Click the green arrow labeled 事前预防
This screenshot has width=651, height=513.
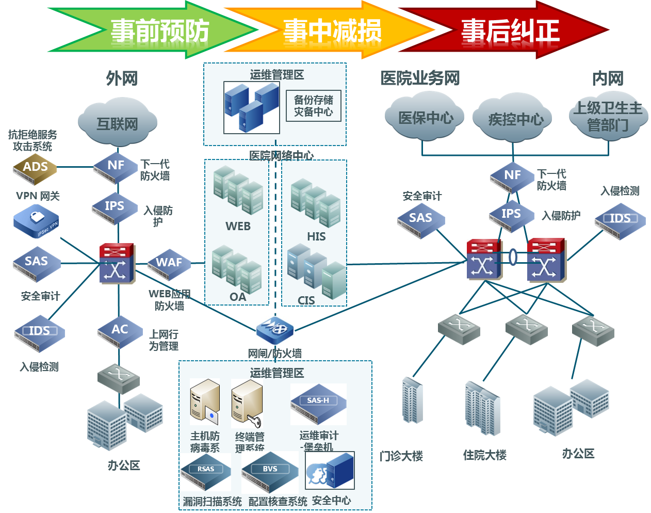[155, 30]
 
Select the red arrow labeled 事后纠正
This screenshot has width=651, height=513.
[508, 30]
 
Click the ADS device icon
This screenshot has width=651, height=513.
[35, 169]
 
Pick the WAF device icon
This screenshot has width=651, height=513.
[169, 264]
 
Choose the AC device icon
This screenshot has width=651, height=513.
[120, 331]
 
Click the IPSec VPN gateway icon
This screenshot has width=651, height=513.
[37, 221]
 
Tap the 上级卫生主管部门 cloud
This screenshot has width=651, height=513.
[608, 117]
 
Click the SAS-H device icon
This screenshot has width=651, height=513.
[318, 404]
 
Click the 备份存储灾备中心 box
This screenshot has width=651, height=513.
[314, 106]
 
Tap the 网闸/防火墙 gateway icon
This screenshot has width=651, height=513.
[275, 330]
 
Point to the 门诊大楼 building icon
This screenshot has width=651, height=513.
[412, 400]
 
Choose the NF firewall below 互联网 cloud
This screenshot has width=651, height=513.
[116, 167]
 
